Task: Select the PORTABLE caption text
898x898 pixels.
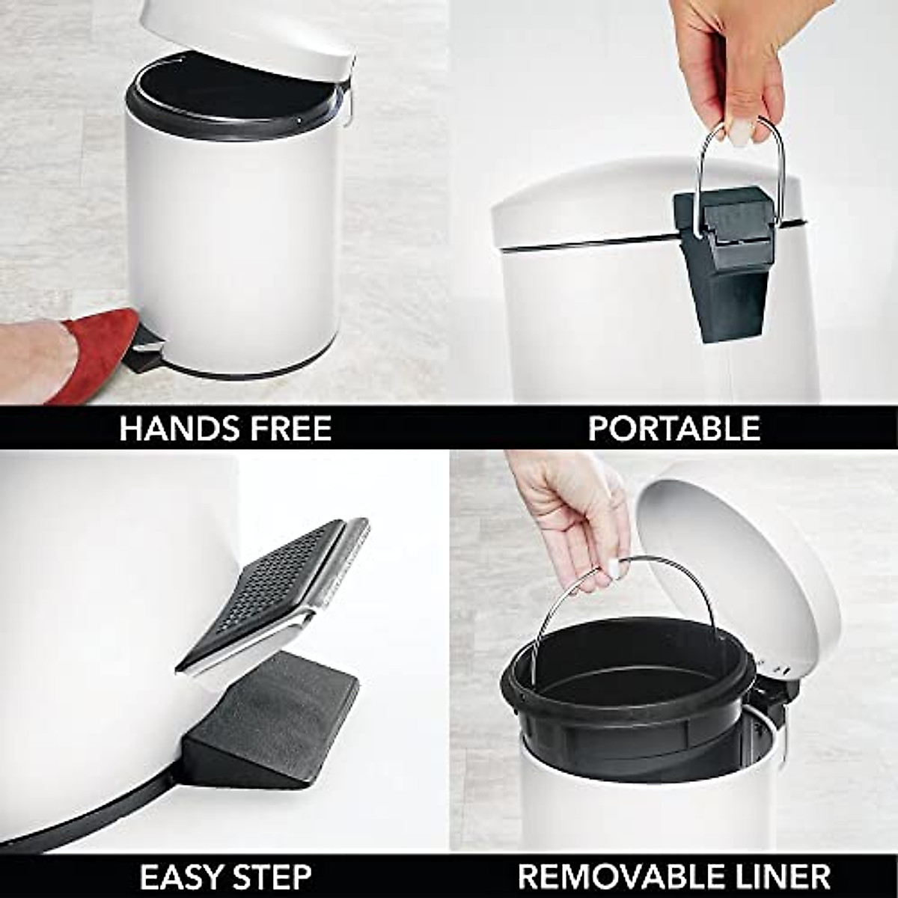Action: [x=673, y=428]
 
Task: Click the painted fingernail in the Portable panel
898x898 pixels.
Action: [x=740, y=135]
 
